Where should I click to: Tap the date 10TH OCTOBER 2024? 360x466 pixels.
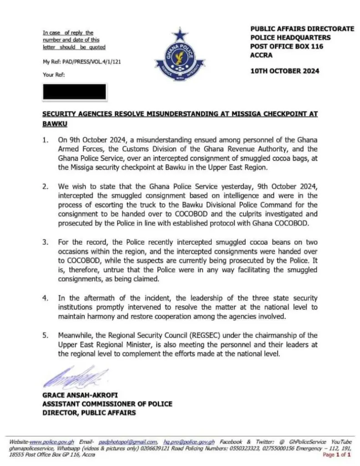pos(285,71)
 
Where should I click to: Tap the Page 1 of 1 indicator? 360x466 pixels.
pos(337,454)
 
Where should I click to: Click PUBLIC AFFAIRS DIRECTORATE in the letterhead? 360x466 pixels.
pos(302,29)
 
